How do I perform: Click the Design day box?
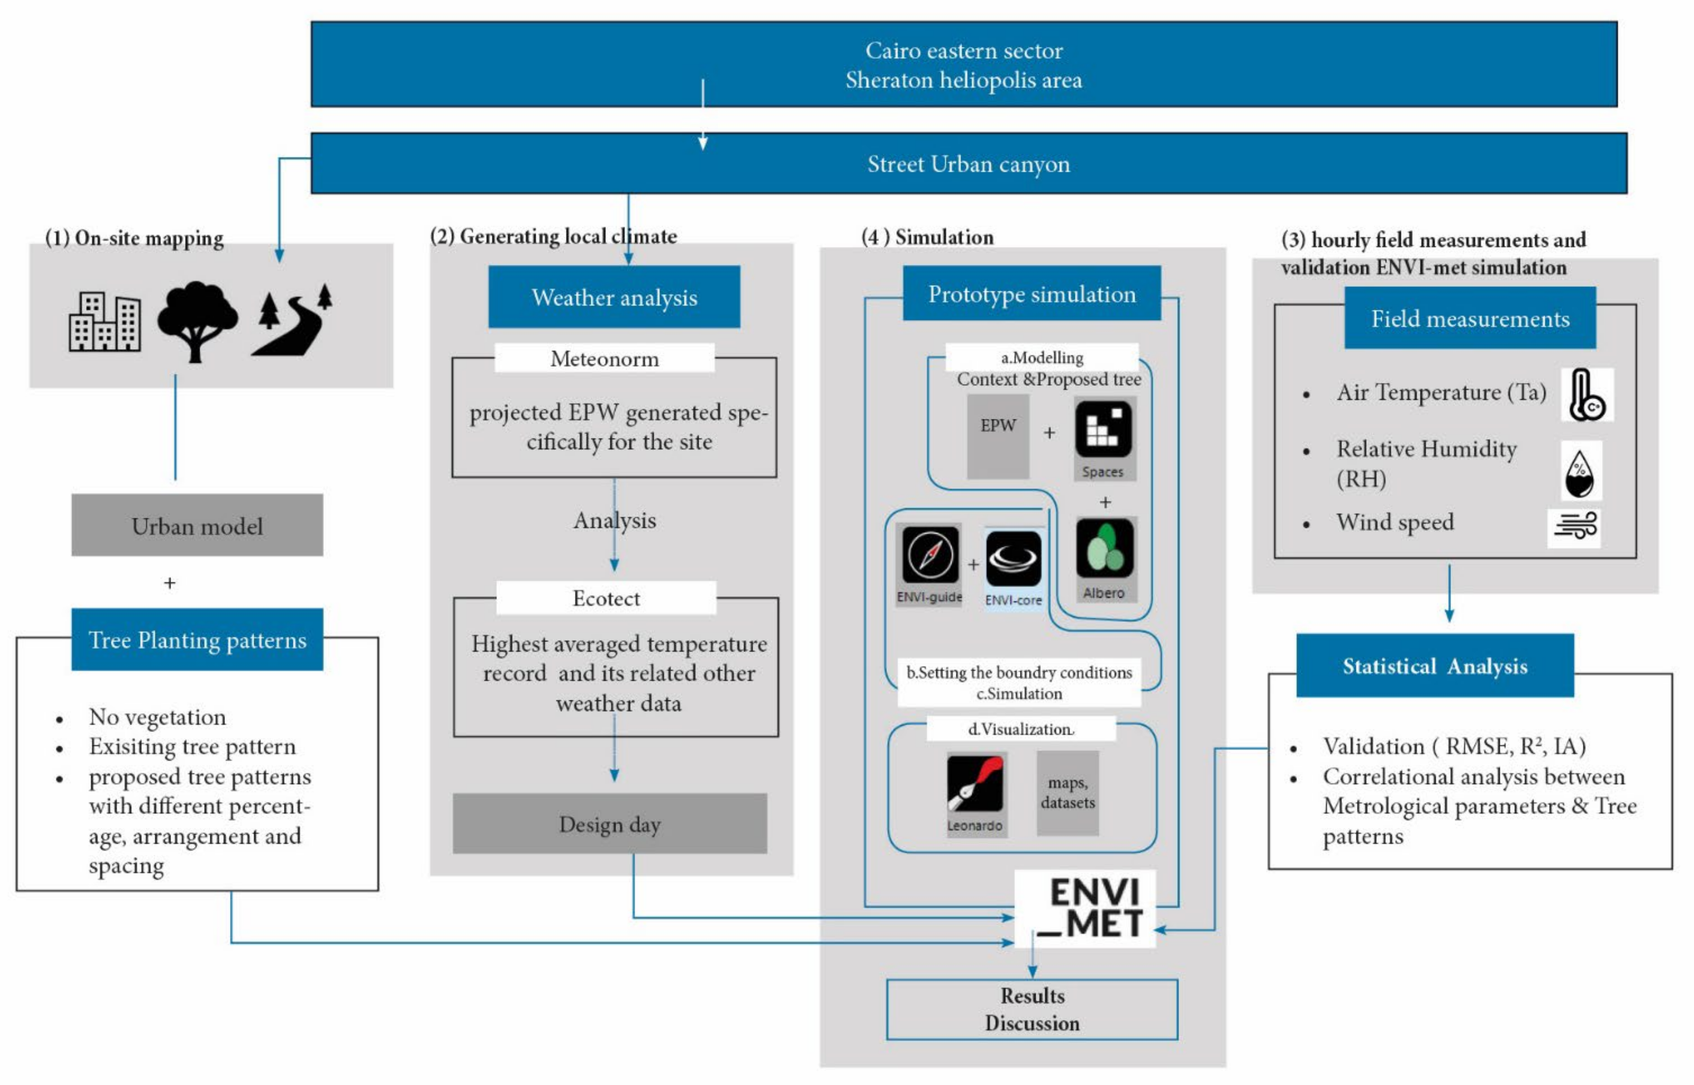tap(610, 824)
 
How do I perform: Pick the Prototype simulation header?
tap(1031, 294)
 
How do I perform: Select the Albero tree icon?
tap(1104, 550)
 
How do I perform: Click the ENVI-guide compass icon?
tap(930, 555)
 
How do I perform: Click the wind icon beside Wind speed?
tap(1574, 527)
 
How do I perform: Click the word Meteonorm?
tap(605, 358)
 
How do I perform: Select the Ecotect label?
tap(606, 598)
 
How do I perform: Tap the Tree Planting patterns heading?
tap(197, 640)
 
